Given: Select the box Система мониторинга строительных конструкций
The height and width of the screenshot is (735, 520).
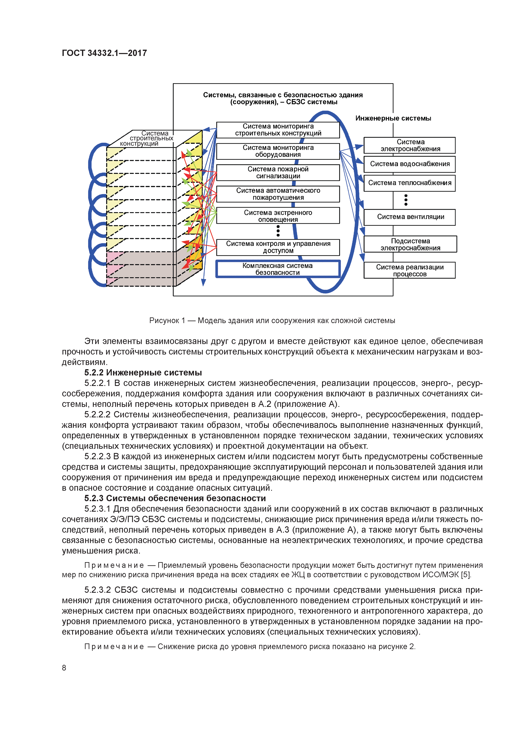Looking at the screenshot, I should (278, 130).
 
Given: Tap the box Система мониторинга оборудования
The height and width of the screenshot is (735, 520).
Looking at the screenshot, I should (278, 151).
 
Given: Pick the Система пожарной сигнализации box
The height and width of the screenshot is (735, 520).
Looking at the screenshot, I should (278, 173).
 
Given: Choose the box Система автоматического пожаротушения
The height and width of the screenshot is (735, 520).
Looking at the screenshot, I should (278, 194).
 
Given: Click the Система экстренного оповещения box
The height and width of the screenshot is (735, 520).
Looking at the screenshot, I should (278, 216).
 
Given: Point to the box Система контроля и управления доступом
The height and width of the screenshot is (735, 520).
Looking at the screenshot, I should (278, 247).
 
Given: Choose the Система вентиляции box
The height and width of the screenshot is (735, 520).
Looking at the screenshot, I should (409, 217).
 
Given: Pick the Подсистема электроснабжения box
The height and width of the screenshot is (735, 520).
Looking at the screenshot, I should (410, 244).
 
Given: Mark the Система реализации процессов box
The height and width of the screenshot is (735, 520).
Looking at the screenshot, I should (409, 270).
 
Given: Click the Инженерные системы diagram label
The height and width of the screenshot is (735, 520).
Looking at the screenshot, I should (393, 118).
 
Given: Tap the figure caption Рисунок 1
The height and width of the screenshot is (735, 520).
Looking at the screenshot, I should (272, 320).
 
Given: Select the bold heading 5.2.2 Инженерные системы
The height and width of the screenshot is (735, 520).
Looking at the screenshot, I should (143, 373).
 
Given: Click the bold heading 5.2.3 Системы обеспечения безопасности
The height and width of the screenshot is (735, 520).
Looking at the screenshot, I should (175, 498).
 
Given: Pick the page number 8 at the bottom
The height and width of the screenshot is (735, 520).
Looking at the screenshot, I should (64, 668).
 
